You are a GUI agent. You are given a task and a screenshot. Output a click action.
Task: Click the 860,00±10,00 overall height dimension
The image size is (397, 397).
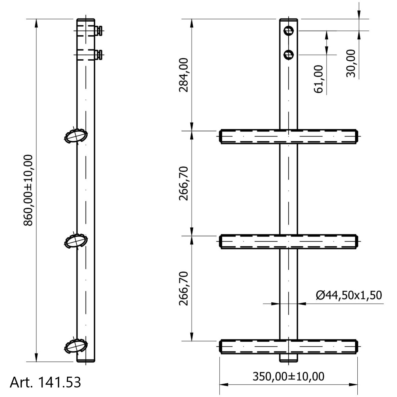point(28,190)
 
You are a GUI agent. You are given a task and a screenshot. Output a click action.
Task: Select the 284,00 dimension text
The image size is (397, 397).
point(183,75)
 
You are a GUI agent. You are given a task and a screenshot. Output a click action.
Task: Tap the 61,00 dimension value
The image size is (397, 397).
point(318,79)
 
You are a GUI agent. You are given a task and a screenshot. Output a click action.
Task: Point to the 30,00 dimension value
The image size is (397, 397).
point(351,64)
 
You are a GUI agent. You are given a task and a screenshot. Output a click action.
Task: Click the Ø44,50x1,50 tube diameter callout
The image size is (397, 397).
point(349,295)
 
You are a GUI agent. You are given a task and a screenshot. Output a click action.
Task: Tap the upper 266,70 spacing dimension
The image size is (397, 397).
point(183,183)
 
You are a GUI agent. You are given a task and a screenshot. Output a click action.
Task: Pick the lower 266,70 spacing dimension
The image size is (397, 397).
point(183,289)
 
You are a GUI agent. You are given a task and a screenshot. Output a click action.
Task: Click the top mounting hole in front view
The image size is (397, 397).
point(288,31)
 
